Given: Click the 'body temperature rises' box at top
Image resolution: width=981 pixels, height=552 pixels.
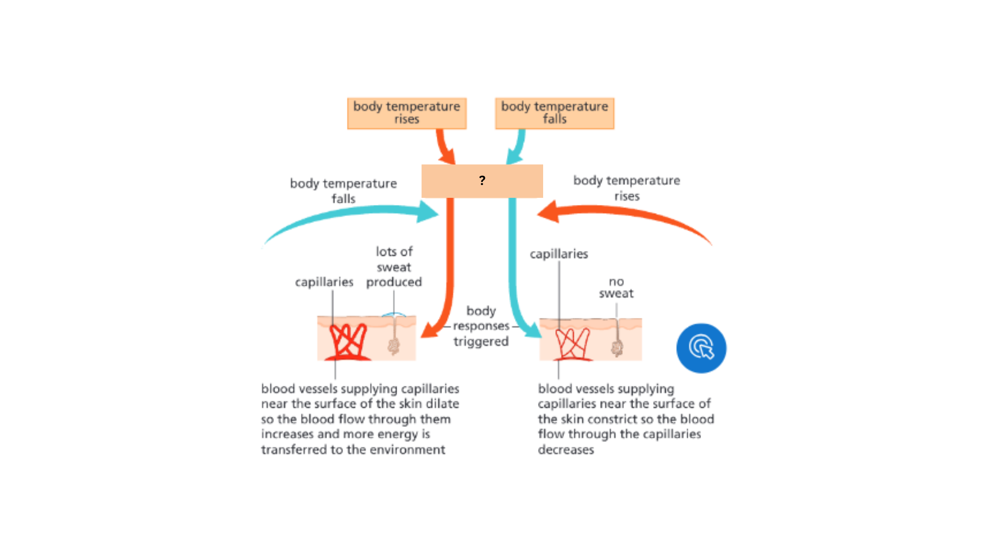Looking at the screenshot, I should point(407,113).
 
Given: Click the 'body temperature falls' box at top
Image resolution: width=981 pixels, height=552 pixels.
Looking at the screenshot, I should point(554,113).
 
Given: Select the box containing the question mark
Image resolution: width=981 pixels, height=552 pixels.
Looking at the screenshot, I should point(482,181).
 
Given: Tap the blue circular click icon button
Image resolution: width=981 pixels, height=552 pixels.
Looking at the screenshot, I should point(701,348).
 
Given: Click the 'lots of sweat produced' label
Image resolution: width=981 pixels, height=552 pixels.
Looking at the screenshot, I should point(394,267).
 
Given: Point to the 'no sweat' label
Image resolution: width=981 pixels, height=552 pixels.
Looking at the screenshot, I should point(616,287).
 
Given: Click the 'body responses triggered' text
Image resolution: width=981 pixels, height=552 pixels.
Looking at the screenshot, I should point(481,326).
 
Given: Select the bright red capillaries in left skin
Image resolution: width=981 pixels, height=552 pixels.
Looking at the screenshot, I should point(348,341).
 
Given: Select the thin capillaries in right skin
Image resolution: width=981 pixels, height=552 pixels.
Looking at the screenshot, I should point(572,342).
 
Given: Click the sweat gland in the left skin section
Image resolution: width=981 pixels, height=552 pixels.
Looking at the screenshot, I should point(393,346).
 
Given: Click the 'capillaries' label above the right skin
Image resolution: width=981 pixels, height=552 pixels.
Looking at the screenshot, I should point(558,254).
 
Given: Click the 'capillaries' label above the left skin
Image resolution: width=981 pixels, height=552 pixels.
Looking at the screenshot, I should point(324,282).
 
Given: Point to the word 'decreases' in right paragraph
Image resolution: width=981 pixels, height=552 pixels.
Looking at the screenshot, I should point(566,450).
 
